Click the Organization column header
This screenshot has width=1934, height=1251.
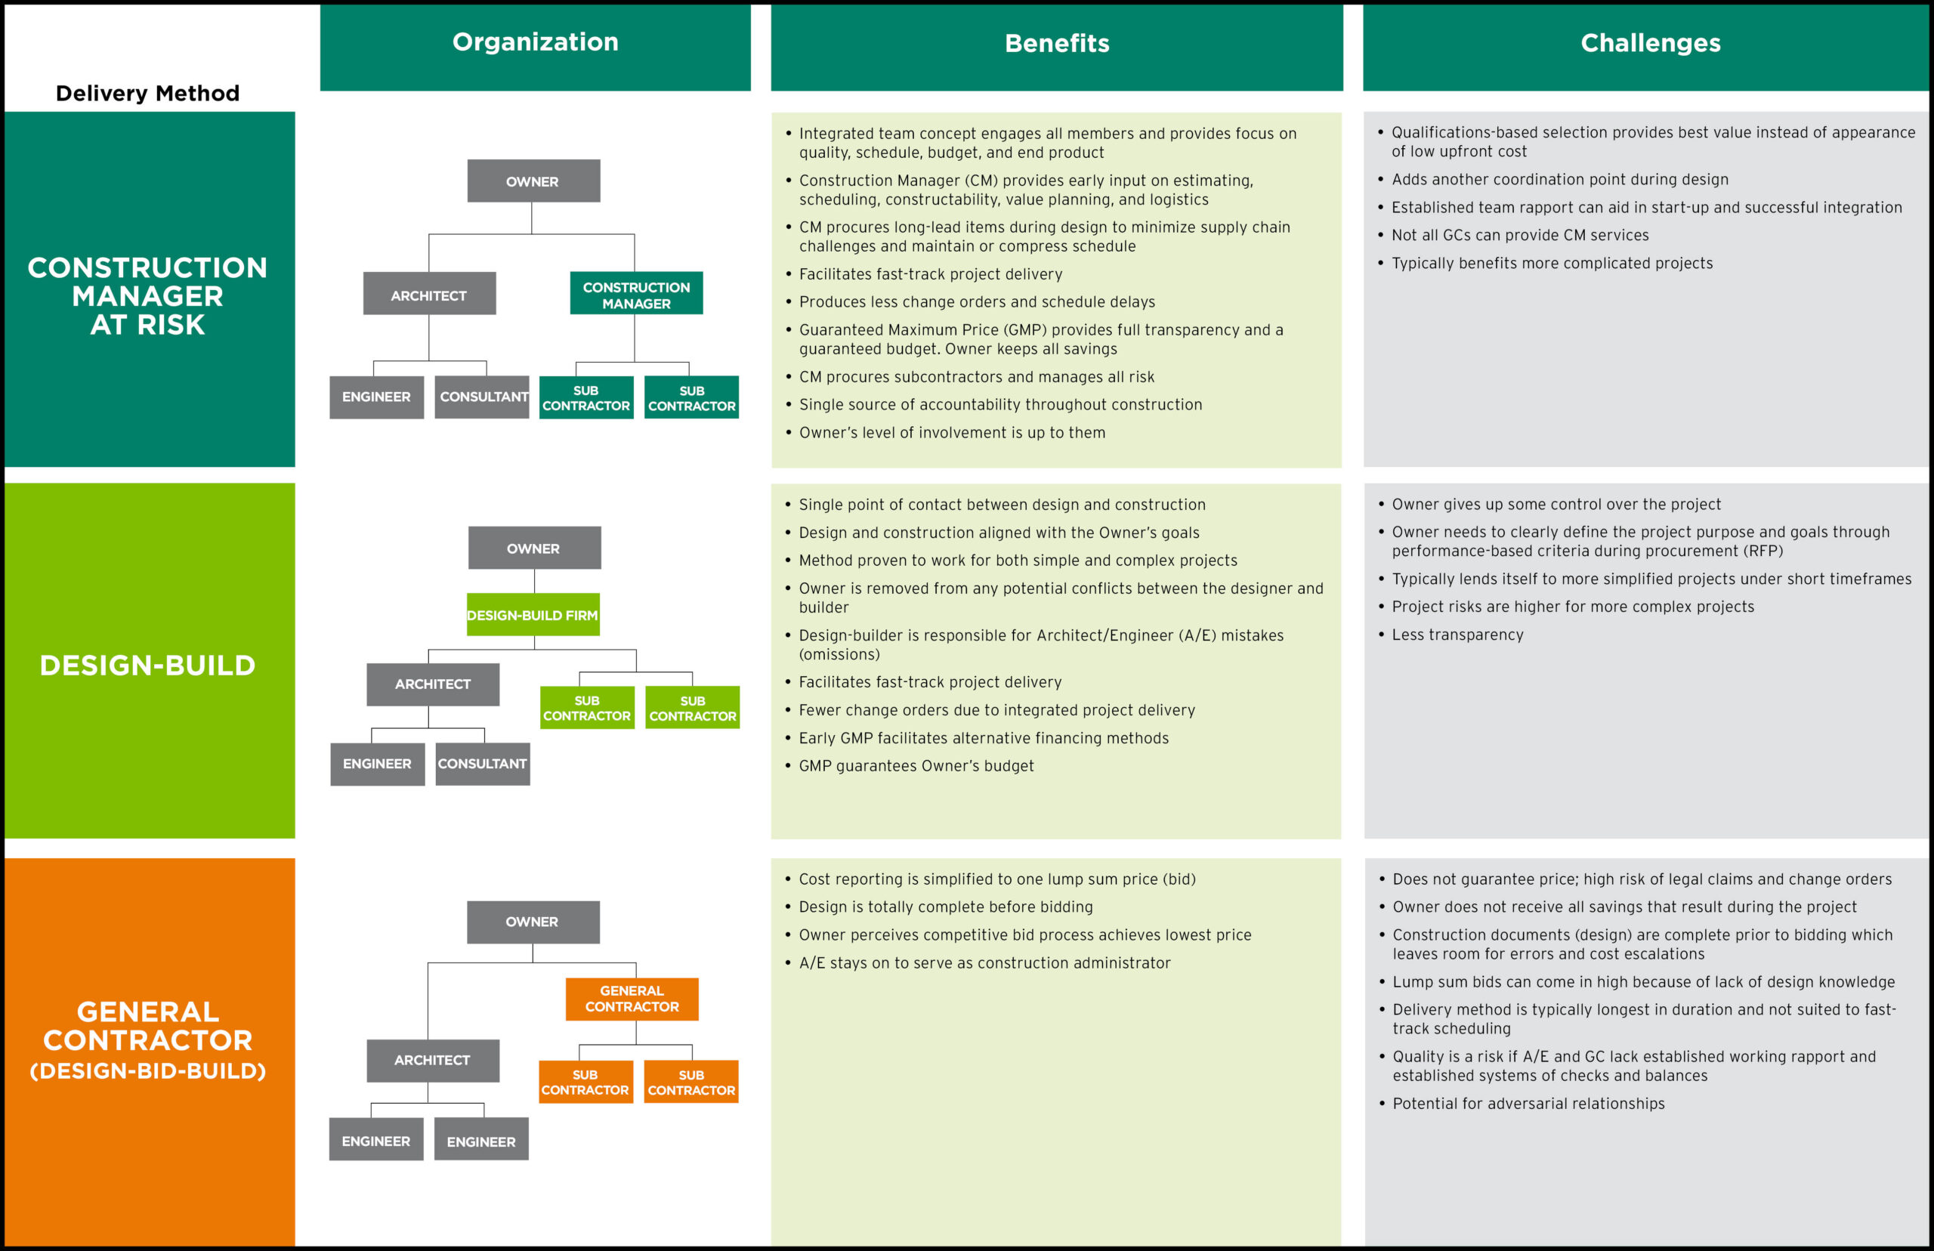pos(536,42)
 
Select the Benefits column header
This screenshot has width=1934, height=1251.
pos(1056,43)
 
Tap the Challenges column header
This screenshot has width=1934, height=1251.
pos(1650,43)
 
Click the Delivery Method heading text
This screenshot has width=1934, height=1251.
pos(147,94)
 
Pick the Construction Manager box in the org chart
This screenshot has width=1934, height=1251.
pos(636,294)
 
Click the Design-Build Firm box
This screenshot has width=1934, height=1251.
pos(533,615)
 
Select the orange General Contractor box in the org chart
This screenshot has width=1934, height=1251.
pos(632,999)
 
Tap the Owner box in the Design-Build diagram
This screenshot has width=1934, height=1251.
pos(533,548)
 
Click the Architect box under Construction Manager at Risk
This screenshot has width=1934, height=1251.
pos(429,295)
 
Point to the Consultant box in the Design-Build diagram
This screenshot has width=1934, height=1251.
pos(483,764)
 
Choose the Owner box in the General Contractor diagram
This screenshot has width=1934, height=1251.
pos(532,921)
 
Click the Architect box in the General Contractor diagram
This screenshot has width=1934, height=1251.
pos(432,1060)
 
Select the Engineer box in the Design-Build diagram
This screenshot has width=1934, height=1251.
pos(377,764)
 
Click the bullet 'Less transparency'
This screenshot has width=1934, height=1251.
pos(1457,635)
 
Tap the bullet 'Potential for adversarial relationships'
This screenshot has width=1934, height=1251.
pos(1528,1103)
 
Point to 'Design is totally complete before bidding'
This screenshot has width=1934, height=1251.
pos(946,907)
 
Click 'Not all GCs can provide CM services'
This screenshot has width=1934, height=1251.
pos(1520,235)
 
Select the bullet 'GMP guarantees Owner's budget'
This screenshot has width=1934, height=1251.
pos(916,765)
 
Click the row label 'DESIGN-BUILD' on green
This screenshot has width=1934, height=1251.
pos(148,666)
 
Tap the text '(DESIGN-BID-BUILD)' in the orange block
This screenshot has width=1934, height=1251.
pos(148,1070)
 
